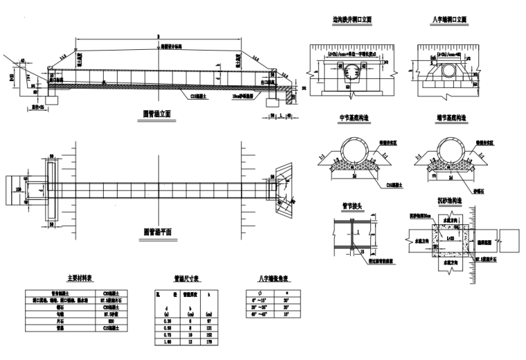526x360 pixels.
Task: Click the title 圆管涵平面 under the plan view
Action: click(157, 231)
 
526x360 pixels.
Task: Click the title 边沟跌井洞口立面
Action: click(352, 20)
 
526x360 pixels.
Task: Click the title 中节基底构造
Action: click(352, 118)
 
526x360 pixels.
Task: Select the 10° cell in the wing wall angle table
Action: click(286, 316)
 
